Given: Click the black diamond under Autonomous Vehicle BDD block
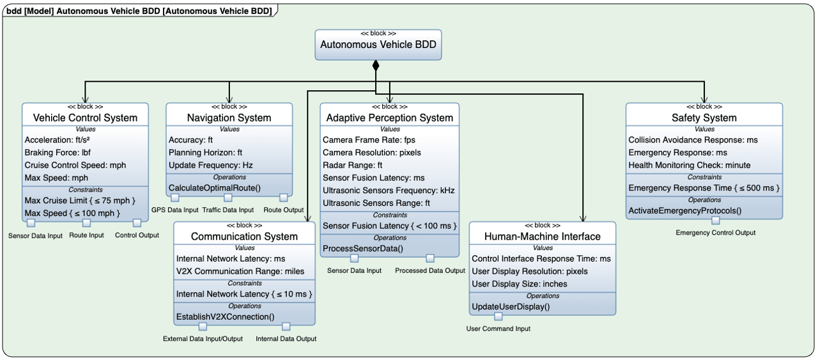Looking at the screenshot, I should (376, 65).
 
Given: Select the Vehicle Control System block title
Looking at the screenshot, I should (85, 118).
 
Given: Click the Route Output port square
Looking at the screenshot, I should (284, 198).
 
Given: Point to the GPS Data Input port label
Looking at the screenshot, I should (176, 210).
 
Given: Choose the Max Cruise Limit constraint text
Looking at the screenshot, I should (80, 200).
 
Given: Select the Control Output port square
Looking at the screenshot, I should (137, 223).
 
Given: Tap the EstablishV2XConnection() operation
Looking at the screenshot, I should (225, 317).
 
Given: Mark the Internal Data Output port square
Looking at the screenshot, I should (286, 327).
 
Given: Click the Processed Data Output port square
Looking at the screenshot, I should (430, 258).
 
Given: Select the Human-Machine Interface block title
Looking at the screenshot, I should (542, 237).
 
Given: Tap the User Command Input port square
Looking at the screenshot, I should (498, 317).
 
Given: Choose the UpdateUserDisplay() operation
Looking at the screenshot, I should (511, 307).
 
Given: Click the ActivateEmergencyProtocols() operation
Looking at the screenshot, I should (684, 210).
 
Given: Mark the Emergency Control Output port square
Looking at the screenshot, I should (716, 221).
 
